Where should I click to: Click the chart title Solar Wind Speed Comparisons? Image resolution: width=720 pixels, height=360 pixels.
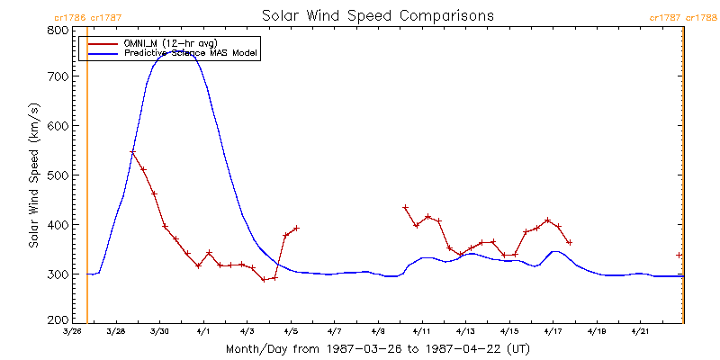(378, 16)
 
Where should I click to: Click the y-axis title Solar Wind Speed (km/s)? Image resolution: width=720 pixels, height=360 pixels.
(33, 175)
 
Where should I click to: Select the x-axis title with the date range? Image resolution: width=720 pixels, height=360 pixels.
(378, 348)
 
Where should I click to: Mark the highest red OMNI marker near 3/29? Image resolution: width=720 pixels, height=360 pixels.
(132, 152)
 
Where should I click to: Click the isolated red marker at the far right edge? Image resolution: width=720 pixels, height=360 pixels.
(679, 255)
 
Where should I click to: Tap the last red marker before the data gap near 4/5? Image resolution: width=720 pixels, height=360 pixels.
(296, 228)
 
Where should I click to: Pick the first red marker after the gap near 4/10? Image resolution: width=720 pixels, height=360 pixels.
(405, 208)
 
